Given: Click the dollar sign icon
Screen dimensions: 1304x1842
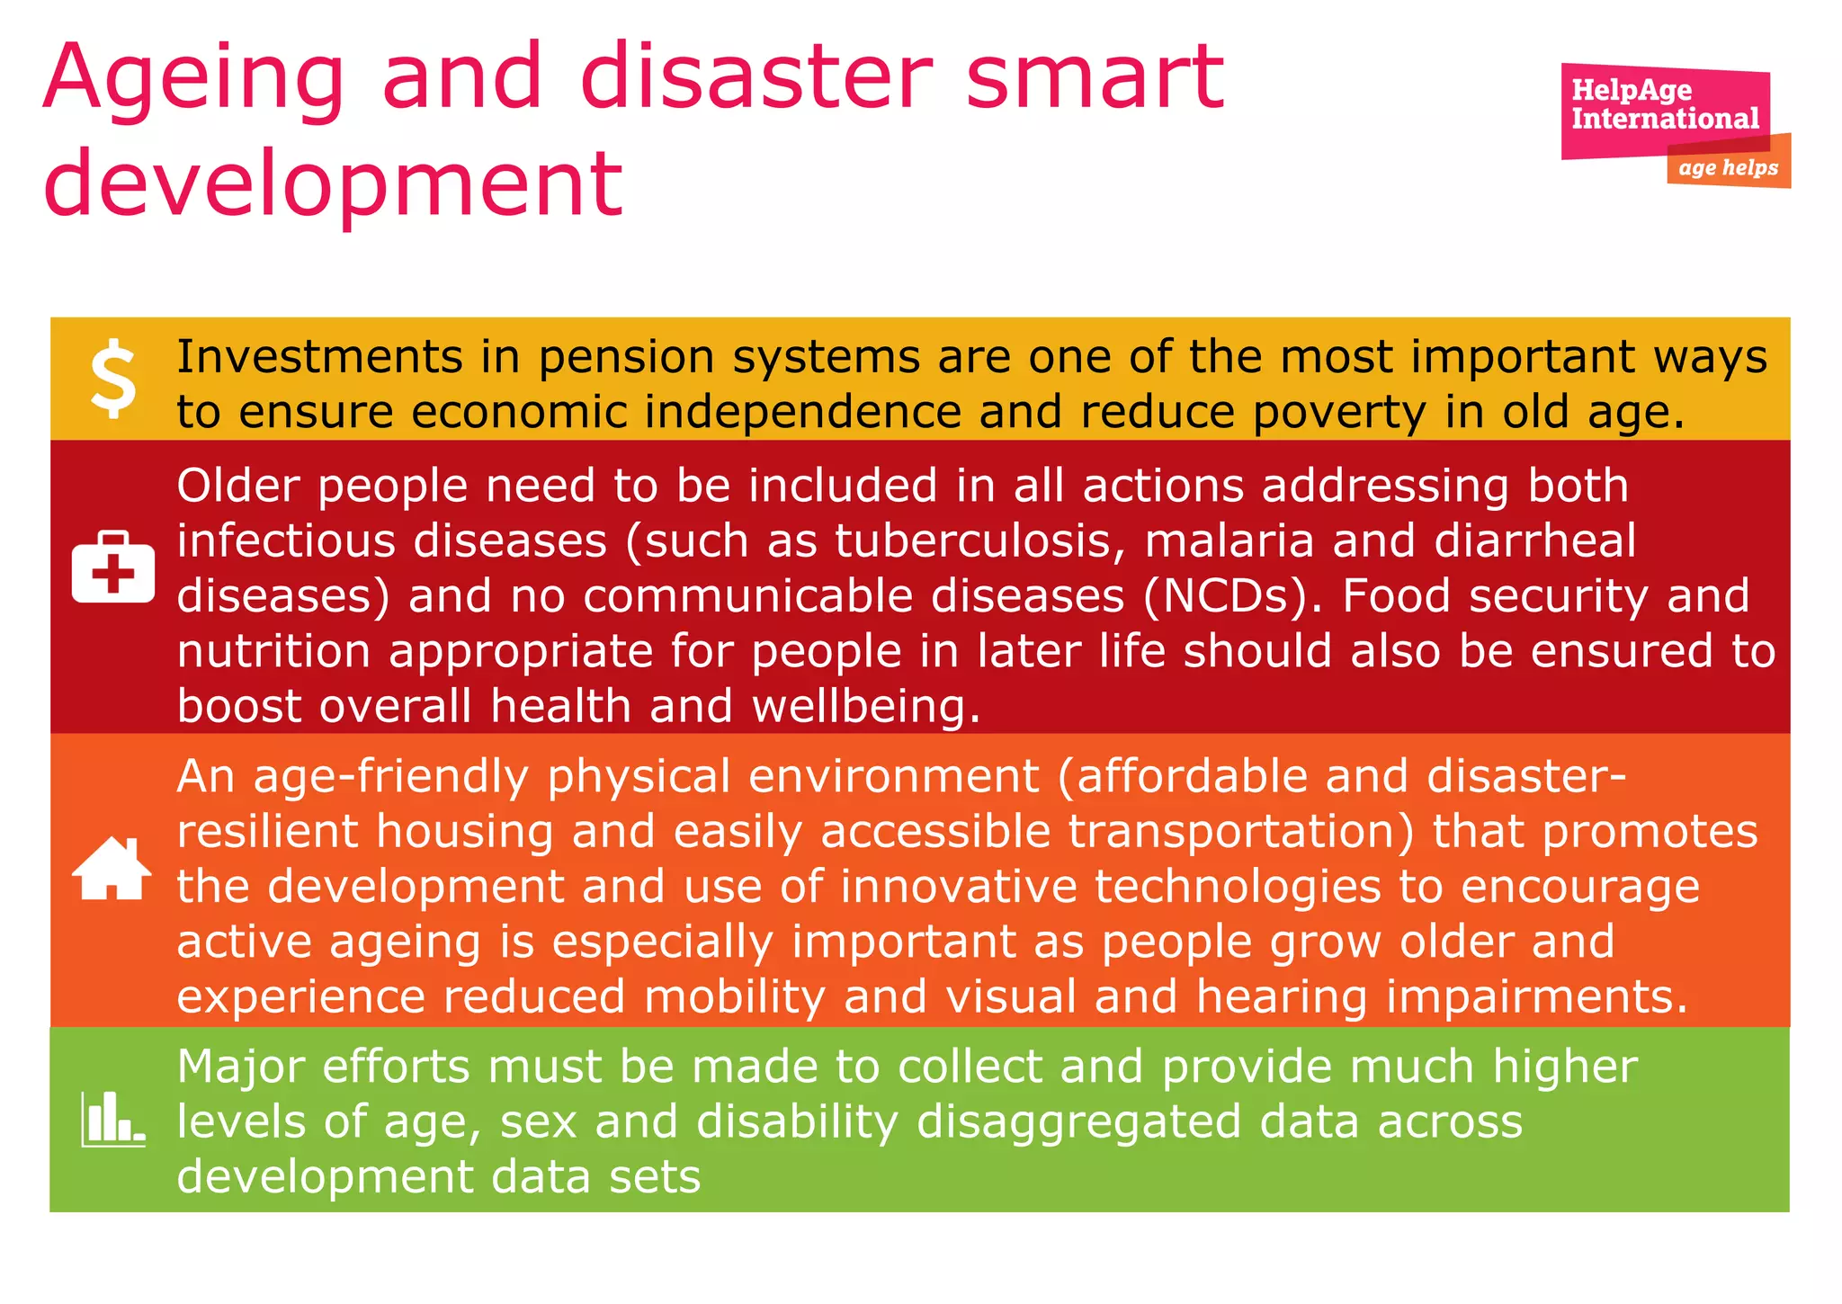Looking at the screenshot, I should point(113,379).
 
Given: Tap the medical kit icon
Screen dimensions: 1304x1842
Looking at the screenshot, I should point(113,567).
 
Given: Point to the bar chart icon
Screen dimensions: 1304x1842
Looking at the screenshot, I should point(112,1120).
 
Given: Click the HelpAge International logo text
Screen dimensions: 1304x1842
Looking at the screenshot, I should point(1664,104).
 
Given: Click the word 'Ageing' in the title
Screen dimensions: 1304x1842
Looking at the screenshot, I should point(193,79).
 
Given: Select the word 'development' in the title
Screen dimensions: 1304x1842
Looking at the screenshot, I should point(333,184).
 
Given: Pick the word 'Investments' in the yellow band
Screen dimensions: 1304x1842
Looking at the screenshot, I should point(319,357).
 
